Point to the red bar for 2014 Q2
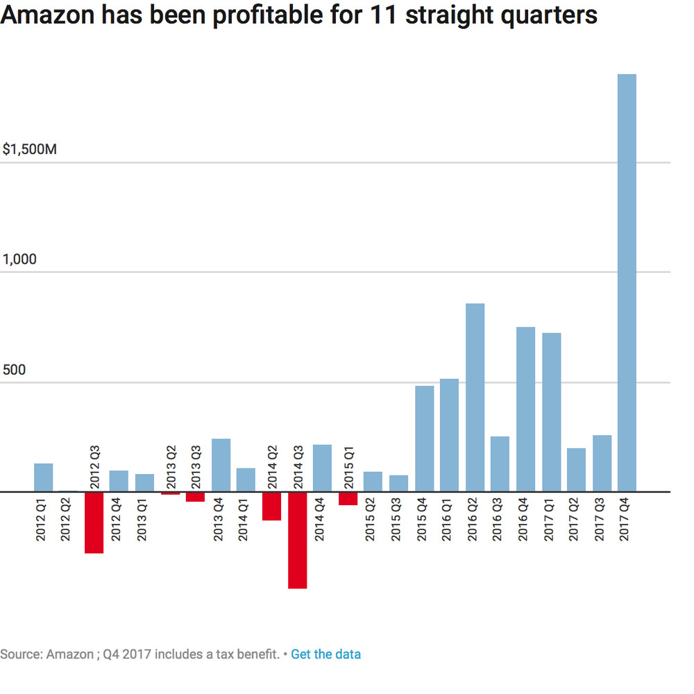[272, 506]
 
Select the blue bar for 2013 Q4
[221, 465]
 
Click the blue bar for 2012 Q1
[44, 477]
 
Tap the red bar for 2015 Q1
[348, 498]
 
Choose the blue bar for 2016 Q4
[525, 409]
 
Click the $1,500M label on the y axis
[30, 149]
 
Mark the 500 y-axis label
[15, 370]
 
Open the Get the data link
[325, 654]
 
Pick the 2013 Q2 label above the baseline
[171, 466]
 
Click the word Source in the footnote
[19, 654]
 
